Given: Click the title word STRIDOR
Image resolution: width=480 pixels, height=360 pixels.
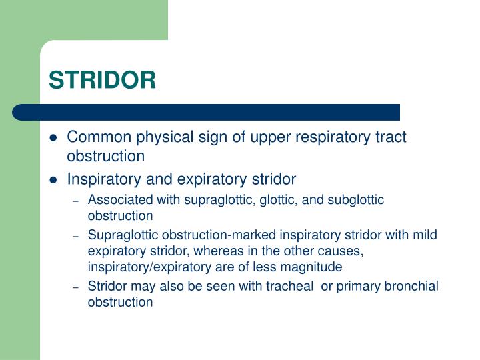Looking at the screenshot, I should tap(102, 80).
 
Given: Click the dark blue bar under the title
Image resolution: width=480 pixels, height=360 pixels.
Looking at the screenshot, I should tap(207, 112).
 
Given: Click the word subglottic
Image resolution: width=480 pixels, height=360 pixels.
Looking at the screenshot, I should tap(357, 200).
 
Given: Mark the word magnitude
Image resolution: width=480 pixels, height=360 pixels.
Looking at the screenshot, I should tap(313, 267).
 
